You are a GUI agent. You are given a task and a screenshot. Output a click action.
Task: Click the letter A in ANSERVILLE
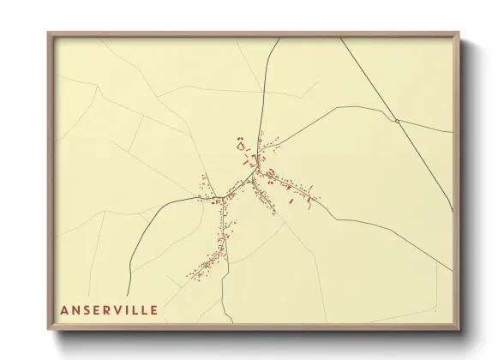(x=64, y=310)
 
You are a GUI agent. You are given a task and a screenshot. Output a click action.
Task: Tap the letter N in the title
(x=76, y=310)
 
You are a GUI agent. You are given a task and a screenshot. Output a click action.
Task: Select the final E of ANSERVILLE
(x=153, y=310)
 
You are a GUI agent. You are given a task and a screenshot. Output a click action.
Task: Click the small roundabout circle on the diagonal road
(x=397, y=121)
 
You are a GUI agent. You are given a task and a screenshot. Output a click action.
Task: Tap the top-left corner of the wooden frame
(x=49, y=33)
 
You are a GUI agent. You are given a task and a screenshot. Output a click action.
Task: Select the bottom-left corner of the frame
(x=49, y=330)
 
